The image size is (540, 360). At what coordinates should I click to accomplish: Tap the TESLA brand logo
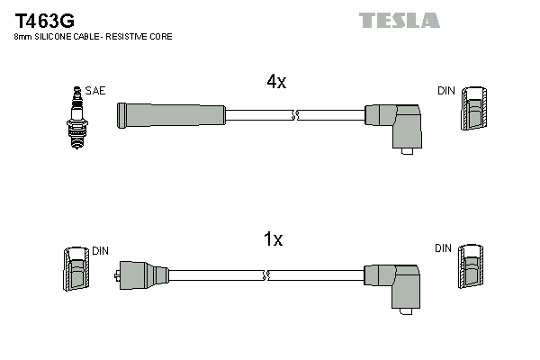pos(399,20)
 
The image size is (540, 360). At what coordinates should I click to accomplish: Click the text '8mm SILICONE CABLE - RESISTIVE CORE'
pos(93,37)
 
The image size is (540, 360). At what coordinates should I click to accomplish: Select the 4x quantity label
pos(275,82)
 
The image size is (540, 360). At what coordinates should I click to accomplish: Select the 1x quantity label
pos(274,239)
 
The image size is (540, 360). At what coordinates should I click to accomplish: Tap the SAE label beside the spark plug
pos(94,91)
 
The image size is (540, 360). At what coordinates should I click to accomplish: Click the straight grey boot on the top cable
pos(171,114)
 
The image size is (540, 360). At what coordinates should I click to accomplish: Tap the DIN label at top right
pos(445,91)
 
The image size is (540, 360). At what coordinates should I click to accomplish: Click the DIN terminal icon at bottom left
pos(76,269)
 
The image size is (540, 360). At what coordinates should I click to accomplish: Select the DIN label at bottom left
pos(100,250)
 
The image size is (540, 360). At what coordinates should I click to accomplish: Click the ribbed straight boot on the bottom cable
pos(144,274)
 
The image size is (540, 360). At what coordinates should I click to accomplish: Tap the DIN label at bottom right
pos(443,247)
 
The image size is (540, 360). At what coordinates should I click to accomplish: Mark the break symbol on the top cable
pos(295,114)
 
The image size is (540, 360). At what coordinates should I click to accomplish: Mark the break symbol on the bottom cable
pos(265,274)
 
